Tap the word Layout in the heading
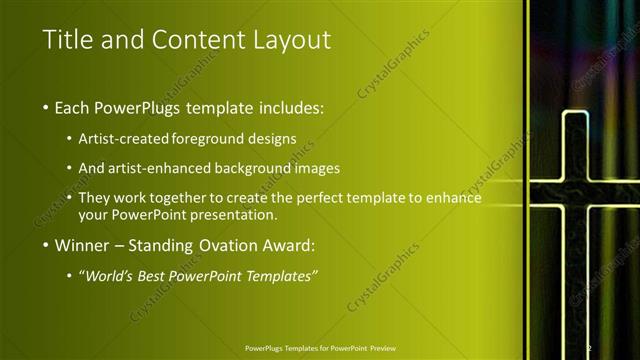pyautogui.click(x=291, y=40)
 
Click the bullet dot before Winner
pyautogui.click(x=46, y=245)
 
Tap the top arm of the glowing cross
pyautogui.click(x=573, y=140)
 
